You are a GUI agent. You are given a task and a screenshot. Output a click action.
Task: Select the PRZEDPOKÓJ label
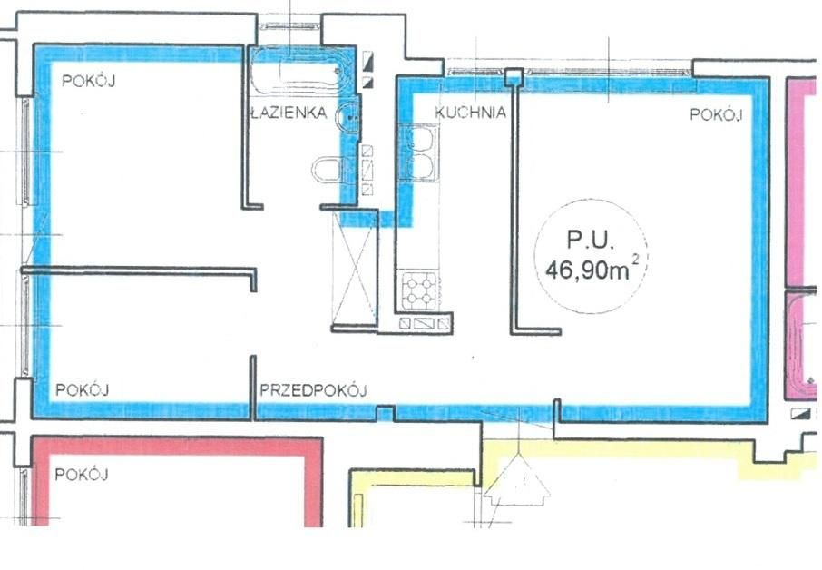pyautogui.click(x=313, y=391)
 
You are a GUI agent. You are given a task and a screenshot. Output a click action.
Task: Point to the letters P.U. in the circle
pyautogui.click(x=590, y=241)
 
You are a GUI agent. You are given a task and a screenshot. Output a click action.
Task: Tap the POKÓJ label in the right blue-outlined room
pyautogui.click(x=716, y=114)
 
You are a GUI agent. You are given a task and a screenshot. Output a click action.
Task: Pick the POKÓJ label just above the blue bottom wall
pyautogui.click(x=83, y=390)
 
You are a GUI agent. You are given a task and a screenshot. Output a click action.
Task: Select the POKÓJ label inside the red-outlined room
pyautogui.click(x=82, y=474)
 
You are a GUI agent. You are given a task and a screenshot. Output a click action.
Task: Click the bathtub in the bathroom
pyautogui.click(x=296, y=69)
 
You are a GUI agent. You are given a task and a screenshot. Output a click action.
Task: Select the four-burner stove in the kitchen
pyautogui.click(x=418, y=290)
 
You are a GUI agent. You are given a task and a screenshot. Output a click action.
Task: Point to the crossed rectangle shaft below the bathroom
pyautogui.click(x=354, y=268)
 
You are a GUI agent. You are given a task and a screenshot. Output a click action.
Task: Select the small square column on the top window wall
pyautogui.click(x=514, y=77)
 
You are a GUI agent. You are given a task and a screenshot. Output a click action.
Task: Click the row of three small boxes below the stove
pyautogui.click(x=425, y=323)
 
